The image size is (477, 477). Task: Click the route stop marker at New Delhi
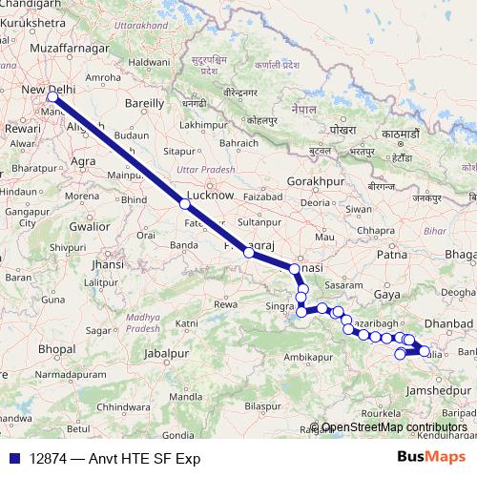pyautogui.click(x=52, y=96)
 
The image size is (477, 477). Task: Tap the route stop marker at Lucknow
pyautogui.click(x=184, y=203)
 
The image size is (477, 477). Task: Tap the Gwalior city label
pyautogui.click(x=90, y=227)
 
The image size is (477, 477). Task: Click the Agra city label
pyautogui.click(x=83, y=161)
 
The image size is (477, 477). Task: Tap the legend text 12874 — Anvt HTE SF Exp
pyautogui.click(x=114, y=459)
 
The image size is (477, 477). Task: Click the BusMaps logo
pyautogui.click(x=431, y=458)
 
